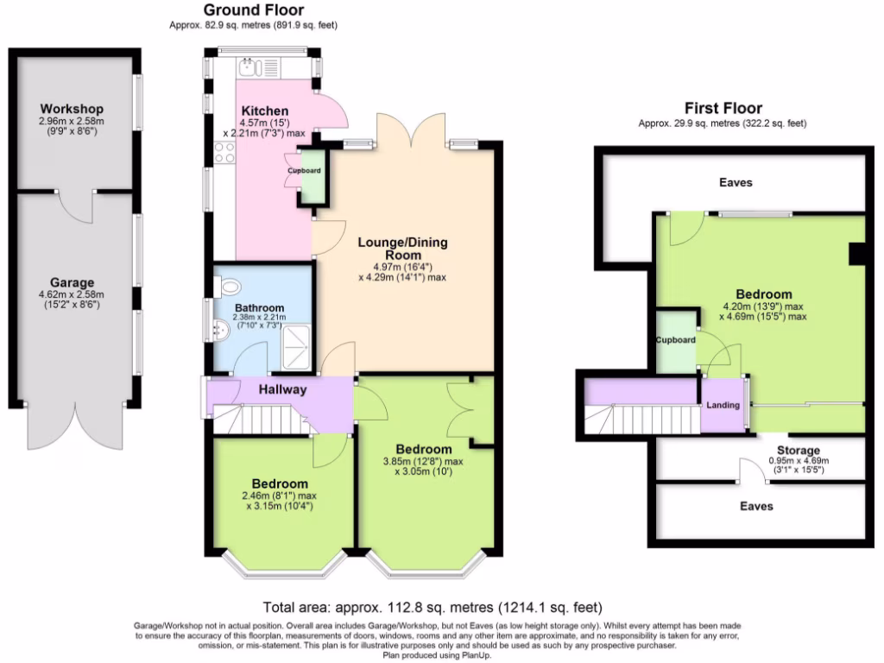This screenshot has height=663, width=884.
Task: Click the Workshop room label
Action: [72, 109]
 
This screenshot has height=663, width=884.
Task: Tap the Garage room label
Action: [73, 282]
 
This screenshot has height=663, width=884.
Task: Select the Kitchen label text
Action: [265, 111]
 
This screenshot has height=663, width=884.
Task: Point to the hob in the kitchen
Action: [224, 153]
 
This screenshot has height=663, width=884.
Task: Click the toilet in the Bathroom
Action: [229, 287]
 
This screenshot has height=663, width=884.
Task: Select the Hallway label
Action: [282, 389]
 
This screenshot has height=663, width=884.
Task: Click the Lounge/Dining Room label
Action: [402, 249]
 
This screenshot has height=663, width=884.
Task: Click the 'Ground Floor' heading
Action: [254, 10]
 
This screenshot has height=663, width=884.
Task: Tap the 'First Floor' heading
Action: [723, 108]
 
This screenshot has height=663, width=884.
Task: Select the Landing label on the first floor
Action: [723, 405]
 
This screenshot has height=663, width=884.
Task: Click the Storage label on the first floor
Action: [798, 451]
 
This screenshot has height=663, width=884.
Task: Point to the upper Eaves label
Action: [736, 182]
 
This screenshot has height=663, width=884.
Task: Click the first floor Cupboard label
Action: [675, 340]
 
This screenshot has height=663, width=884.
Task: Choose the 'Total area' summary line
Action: [432, 607]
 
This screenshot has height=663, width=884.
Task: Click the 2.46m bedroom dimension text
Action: [281, 496]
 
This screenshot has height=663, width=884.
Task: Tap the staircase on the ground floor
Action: [263, 421]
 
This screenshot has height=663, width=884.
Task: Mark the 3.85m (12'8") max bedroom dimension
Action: [423, 461]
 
